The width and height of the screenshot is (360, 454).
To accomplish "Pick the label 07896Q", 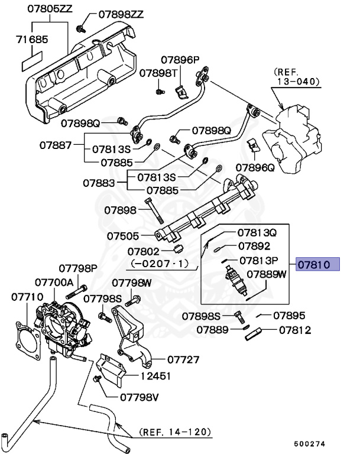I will click(x=255, y=168).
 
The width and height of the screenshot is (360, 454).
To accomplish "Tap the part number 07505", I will click(x=123, y=235).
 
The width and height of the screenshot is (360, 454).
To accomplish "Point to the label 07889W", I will click(x=266, y=274).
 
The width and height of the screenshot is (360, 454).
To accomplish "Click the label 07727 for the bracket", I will click(x=183, y=359).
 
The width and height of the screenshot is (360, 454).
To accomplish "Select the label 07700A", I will click(x=54, y=283).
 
